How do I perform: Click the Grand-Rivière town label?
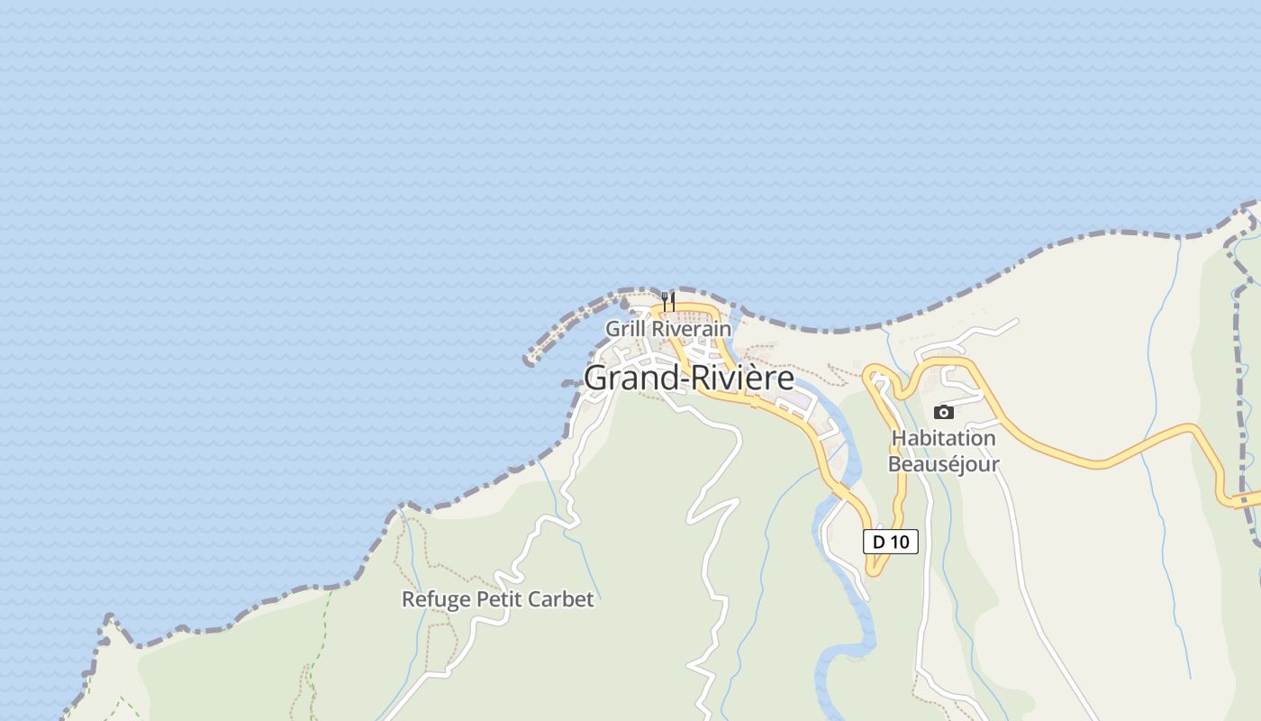(689, 378)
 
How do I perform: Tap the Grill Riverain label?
(667, 329)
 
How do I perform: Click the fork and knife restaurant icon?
(667, 301)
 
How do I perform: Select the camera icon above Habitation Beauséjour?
(943, 412)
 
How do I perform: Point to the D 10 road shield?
(890, 542)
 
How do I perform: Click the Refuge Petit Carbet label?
(497, 599)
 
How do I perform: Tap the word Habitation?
(943, 439)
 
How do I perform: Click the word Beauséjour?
(943, 464)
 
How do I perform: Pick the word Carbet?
(565, 599)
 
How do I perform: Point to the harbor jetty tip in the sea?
(530, 360)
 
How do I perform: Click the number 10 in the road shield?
(899, 542)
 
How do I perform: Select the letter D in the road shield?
(879, 542)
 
